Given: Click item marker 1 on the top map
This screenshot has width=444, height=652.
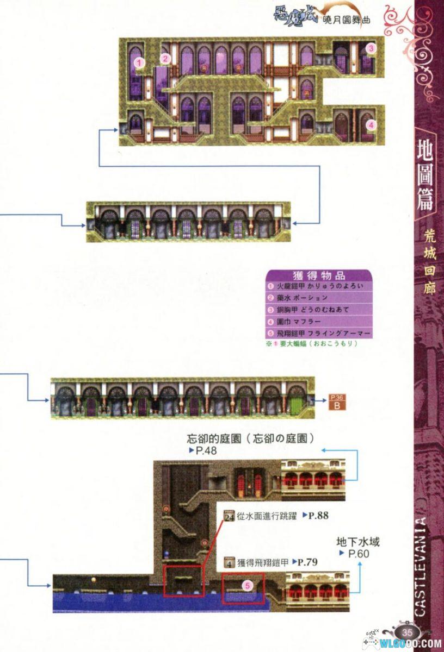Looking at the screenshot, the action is (x=139, y=62).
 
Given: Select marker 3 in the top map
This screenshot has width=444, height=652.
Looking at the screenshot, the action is (x=370, y=48).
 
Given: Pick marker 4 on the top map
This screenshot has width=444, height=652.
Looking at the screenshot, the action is (x=371, y=124).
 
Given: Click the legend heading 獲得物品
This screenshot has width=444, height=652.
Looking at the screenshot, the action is (x=318, y=275).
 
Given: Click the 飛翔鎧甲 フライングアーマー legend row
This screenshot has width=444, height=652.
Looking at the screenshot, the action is (x=318, y=333).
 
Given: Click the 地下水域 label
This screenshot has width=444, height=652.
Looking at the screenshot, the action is (x=357, y=542).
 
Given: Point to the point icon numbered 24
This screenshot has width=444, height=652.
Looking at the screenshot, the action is (x=229, y=516).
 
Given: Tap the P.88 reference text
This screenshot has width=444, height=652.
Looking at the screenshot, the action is (x=315, y=516).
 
